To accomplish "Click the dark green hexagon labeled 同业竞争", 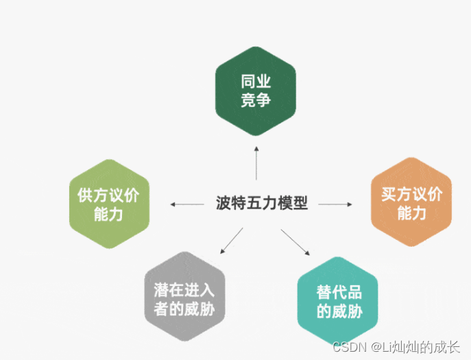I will [x=256, y=91].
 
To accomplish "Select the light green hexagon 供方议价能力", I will [x=108, y=204].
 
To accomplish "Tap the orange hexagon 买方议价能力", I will [x=411, y=204].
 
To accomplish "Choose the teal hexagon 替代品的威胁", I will [x=339, y=302].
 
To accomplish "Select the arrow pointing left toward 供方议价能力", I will [x=187, y=204].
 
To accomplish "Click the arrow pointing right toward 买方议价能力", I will [x=335, y=204].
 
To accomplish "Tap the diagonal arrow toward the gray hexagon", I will [x=230, y=240].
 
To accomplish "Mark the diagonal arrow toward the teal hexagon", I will [x=293, y=242].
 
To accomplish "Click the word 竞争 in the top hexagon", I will [x=256, y=101].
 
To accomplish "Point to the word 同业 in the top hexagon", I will [x=256, y=82].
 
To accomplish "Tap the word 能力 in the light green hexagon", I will [x=108, y=214].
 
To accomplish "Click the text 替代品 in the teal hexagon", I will [x=339, y=292].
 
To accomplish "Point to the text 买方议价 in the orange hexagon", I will [x=411, y=194].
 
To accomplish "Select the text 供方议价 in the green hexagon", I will [x=108, y=195].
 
